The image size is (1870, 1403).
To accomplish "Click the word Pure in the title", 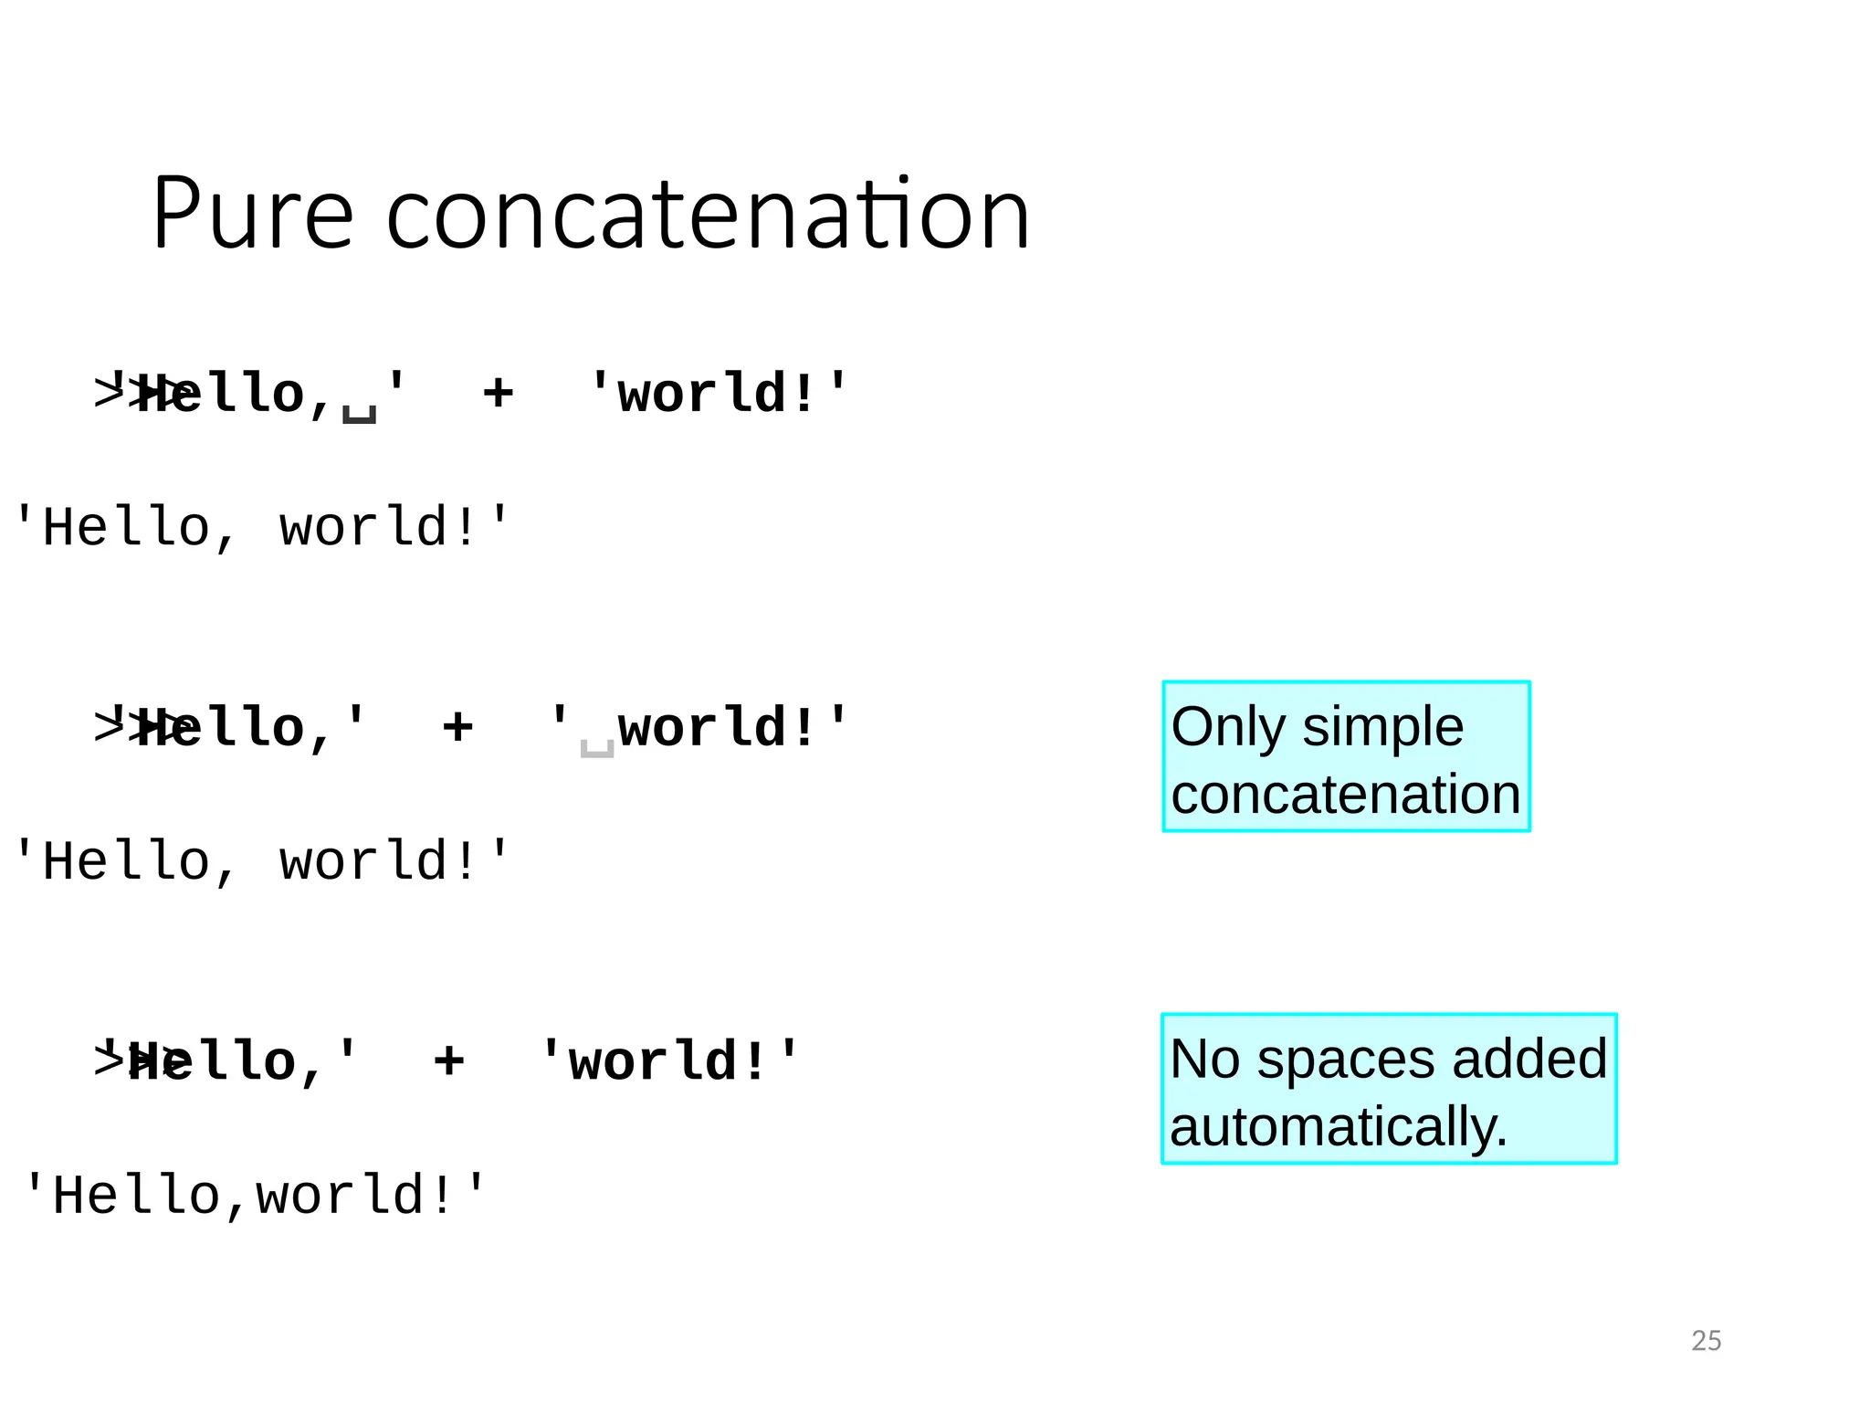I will coord(252,214).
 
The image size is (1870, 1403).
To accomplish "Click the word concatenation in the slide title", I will coord(708,214).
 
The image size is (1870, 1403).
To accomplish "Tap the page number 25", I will coord(1706,1340).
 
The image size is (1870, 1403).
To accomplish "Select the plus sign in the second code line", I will coord(457,727).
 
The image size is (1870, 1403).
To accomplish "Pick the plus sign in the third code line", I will coord(448,1060).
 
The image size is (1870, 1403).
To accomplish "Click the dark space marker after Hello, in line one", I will coord(359,413).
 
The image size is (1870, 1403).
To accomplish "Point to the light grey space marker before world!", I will coord(597,748).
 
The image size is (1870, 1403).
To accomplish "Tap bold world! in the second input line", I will coord(716,727).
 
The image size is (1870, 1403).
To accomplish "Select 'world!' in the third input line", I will coord(668,1060).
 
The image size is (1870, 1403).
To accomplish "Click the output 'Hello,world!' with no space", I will coord(254,1195).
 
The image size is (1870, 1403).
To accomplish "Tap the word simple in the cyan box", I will coord(1382,727).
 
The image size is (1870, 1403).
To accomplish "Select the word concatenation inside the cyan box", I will coord(1345,794).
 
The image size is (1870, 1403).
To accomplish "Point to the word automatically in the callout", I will coord(1337,1126).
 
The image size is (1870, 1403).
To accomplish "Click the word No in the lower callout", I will coord(1204,1060).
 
